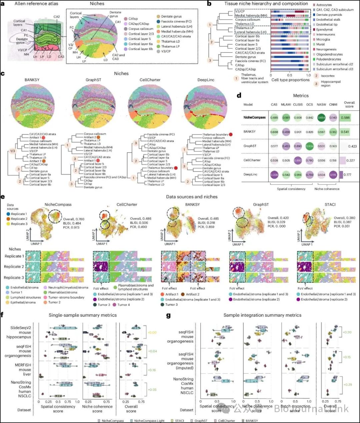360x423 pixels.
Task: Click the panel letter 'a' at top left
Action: (3, 4)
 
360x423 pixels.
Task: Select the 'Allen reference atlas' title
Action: (36, 4)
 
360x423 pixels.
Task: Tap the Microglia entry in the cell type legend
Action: (323, 39)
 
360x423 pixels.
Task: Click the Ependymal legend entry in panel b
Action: (324, 30)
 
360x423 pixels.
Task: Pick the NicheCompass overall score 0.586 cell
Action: (345, 118)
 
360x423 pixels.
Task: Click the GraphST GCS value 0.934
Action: (310, 146)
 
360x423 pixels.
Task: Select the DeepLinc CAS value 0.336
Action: (274, 175)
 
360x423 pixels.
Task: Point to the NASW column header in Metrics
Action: (321, 105)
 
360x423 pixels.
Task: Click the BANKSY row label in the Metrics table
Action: (250, 132)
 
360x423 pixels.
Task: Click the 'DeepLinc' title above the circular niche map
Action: (206, 80)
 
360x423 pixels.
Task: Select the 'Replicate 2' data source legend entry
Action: (19, 219)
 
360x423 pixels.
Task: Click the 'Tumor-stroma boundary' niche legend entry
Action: (66, 297)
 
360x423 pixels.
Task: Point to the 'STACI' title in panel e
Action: (330, 205)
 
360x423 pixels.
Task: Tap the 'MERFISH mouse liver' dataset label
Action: (23, 370)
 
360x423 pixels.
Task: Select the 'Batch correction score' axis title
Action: (295, 408)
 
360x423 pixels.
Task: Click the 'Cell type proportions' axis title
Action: (290, 80)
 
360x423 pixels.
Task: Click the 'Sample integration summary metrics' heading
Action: (262, 315)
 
